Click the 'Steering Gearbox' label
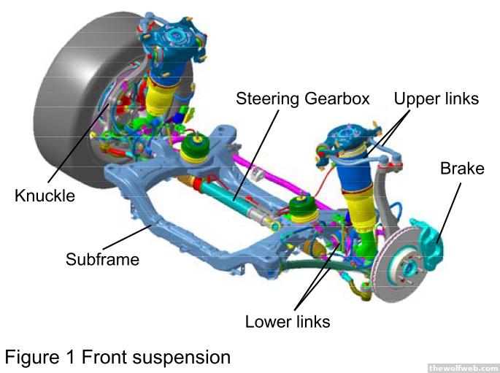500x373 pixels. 302,98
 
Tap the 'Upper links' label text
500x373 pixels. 436,98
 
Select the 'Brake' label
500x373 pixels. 461,169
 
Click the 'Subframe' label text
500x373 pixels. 101,258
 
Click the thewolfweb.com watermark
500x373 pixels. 463,368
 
